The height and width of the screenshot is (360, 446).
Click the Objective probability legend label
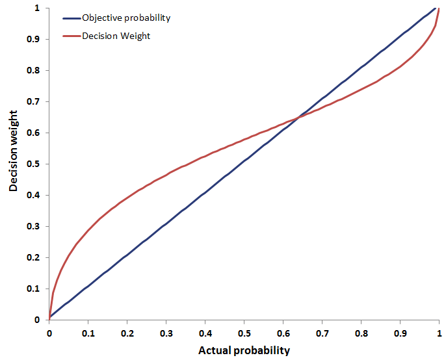click(x=126, y=18)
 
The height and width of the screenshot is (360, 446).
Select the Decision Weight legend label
click(x=116, y=36)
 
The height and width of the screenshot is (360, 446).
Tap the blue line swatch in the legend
click(x=71, y=18)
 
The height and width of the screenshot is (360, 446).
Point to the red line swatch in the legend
click(x=71, y=36)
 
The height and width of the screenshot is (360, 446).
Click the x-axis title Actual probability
click(x=244, y=350)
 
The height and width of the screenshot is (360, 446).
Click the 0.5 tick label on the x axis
click(x=244, y=332)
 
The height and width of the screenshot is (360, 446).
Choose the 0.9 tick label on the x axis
click(x=400, y=332)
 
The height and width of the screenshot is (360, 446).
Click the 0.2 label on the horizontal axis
click(x=127, y=332)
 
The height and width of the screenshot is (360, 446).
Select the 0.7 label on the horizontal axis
click(x=322, y=332)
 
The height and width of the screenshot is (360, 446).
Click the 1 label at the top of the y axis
click(x=38, y=8)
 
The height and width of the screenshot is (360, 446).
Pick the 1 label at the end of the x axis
click(x=439, y=332)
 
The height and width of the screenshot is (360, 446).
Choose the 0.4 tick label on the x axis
click(x=205, y=332)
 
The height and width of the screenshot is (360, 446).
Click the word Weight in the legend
click(x=135, y=36)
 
